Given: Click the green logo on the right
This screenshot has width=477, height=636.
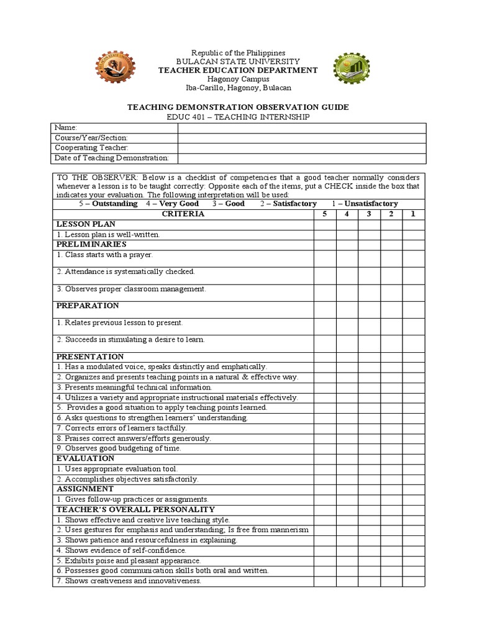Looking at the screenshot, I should pyautogui.click(x=352, y=70).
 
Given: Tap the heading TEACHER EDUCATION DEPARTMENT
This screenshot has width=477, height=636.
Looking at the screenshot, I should pyautogui.click(x=238, y=70).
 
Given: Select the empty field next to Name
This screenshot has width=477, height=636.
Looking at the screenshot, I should pyautogui.click(x=302, y=128).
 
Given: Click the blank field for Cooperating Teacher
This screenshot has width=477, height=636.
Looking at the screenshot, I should pyautogui.click(x=302, y=148).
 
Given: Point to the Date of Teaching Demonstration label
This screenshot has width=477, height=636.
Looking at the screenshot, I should pyautogui.click(x=112, y=158).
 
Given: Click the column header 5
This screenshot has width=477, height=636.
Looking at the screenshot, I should pyautogui.click(x=324, y=214).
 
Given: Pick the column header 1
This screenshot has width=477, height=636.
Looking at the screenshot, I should pyautogui.click(x=413, y=214).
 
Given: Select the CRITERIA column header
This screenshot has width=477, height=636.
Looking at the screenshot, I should pyautogui.click(x=183, y=214).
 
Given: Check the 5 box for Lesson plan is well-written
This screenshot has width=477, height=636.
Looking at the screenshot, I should pyautogui.click(x=324, y=234).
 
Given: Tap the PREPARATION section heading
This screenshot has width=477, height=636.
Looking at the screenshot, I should pyautogui.click(x=88, y=306).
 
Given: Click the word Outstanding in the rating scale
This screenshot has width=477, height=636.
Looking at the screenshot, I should pyautogui.click(x=114, y=204).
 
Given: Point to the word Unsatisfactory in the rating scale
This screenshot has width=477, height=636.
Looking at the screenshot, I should pyautogui.click(x=371, y=204).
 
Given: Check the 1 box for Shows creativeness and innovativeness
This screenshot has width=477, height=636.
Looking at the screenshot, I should pyautogui.click(x=413, y=581).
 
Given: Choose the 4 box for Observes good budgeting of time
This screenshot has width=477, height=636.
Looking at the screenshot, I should pyautogui.click(x=347, y=448).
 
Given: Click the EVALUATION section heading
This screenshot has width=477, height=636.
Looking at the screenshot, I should pyautogui.click(x=86, y=458).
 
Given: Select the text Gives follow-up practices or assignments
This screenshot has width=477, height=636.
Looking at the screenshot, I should pyautogui.click(x=132, y=499).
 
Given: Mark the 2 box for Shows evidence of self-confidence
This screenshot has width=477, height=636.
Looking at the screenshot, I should pyautogui.click(x=391, y=550).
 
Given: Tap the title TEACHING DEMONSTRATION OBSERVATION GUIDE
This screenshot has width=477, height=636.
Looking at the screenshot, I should pyautogui.click(x=238, y=107).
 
